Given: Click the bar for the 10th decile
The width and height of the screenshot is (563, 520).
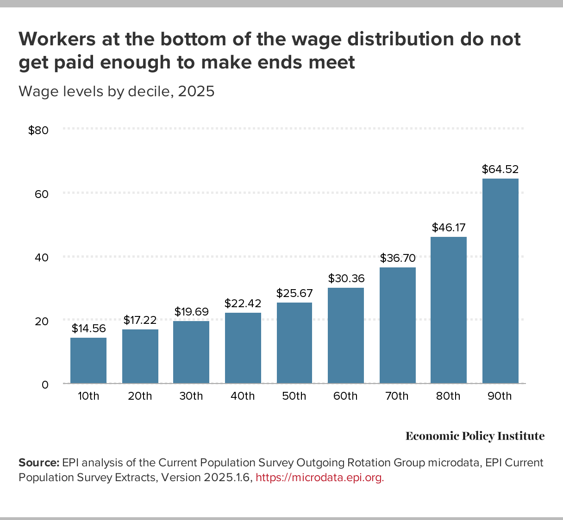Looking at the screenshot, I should [x=88, y=360].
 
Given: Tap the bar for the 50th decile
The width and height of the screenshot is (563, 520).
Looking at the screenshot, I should [x=294, y=343].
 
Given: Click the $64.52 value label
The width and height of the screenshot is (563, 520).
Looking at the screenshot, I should [x=500, y=169].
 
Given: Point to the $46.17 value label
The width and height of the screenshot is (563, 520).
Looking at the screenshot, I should [x=449, y=228].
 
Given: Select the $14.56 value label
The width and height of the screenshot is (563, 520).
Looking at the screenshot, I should [x=88, y=328].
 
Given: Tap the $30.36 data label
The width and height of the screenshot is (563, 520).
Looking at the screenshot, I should [x=346, y=279].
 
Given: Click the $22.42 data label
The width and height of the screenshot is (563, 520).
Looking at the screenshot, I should [x=243, y=303].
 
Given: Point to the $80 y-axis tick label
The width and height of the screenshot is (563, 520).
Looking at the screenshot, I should [x=38, y=130].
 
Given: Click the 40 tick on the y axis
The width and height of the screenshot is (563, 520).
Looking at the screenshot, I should [x=42, y=258].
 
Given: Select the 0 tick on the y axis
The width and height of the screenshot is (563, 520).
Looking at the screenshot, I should [x=45, y=385].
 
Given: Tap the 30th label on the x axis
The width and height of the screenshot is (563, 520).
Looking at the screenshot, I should [x=191, y=396].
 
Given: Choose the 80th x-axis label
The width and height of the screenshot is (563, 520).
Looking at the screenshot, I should [x=448, y=396].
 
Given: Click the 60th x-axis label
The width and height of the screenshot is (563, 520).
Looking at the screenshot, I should [x=345, y=396].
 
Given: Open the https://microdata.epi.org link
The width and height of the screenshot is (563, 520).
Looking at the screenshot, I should [x=319, y=478].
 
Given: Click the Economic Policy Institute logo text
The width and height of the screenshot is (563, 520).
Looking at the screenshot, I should [x=475, y=436].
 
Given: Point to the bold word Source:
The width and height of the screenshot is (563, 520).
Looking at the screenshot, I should [x=39, y=463].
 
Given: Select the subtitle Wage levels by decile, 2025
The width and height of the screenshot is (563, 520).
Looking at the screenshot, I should [x=117, y=92].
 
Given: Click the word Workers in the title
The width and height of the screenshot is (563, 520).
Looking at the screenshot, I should [x=54, y=40].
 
